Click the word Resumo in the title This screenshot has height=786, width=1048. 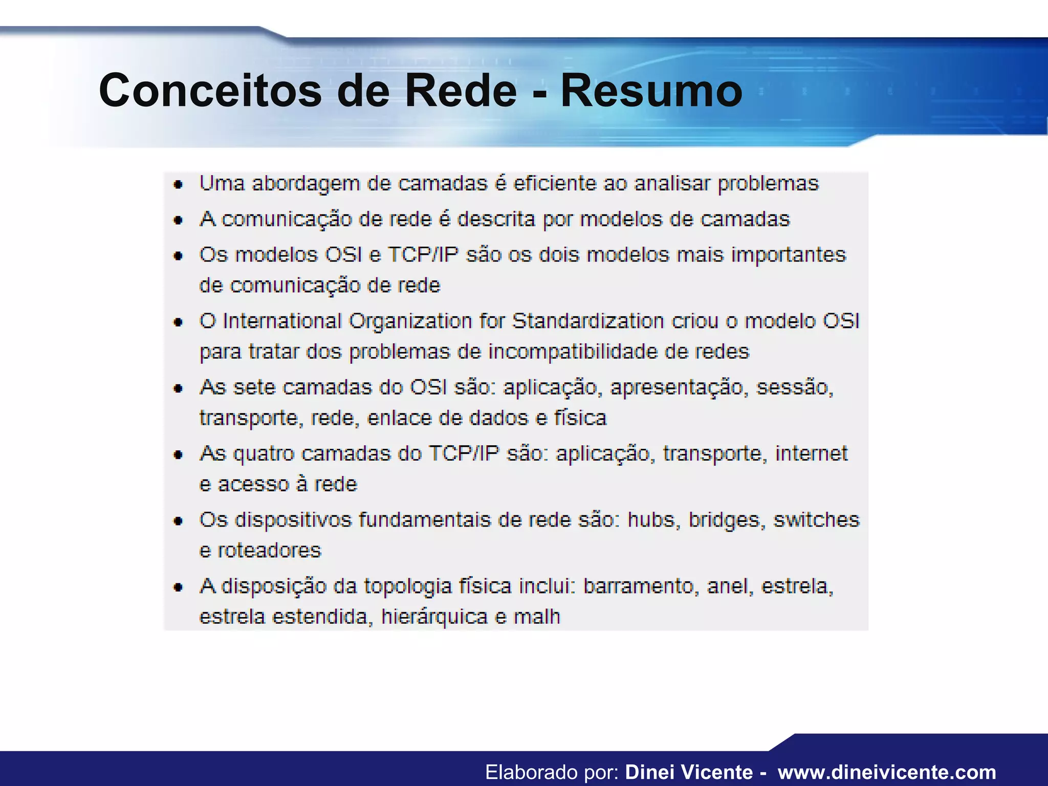(651, 91)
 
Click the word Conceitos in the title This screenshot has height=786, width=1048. (210, 91)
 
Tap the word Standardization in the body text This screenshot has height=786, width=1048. (588, 321)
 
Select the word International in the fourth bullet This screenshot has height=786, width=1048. (282, 321)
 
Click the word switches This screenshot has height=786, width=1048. (816, 519)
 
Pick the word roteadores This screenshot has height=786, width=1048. (270, 550)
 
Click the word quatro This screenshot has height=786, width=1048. (264, 454)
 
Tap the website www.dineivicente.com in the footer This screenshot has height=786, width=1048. (887, 772)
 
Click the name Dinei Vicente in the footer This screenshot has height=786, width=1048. (689, 772)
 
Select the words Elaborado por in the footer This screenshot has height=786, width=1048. (552, 772)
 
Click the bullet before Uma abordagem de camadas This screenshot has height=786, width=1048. (178, 185)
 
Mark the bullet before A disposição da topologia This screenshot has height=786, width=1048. (178, 587)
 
